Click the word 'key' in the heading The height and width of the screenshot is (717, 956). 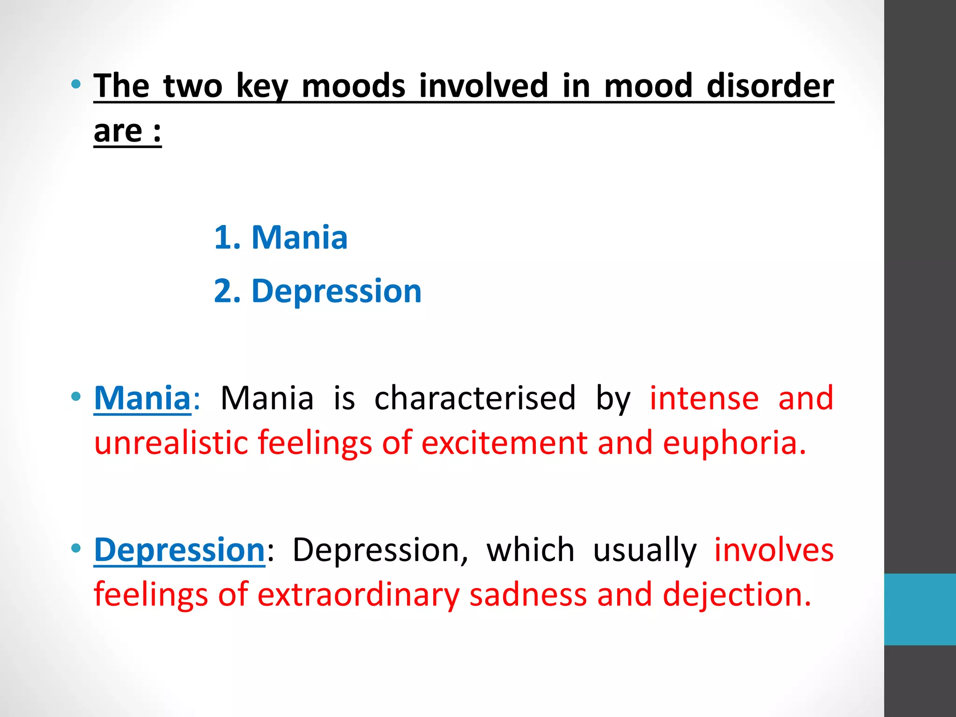pyautogui.click(x=262, y=86)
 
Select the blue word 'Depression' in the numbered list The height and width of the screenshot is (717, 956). pyautogui.click(x=337, y=291)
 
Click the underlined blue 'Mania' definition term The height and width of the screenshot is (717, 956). pyautogui.click(x=142, y=398)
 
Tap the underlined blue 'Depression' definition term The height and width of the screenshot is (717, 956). pyautogui.click(x=180, y=549)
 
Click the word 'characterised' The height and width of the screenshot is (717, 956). pyautogui.click(x=475, y=398)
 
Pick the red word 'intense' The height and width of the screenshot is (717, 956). pyautogui.click(x=704, y=398)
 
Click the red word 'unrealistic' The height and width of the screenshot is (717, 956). pyautogui.click(x=171, y=443)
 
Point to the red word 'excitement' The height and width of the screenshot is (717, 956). pyautogui.click(x=504, y=443)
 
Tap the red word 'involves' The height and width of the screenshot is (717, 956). pyautogui.click(x=774, y=549)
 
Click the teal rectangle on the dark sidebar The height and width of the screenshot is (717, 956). pyautogui.click(x=920, y=609)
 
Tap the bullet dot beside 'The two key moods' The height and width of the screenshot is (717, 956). pyautogui.click(x=76, y=85)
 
